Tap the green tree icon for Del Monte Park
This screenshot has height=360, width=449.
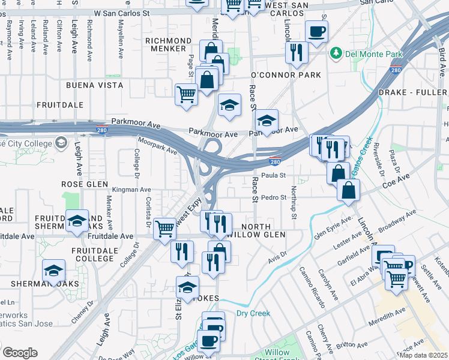336,54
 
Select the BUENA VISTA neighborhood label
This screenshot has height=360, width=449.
95,85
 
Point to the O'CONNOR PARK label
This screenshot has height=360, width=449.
285,75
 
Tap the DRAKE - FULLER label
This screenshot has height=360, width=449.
413,93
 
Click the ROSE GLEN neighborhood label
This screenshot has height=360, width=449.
84,184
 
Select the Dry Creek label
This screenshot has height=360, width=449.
253,313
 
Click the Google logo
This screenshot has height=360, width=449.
20,353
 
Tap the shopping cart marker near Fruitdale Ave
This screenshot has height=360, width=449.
164,229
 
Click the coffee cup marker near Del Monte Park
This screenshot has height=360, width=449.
316,31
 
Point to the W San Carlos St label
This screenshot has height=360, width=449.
122,12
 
